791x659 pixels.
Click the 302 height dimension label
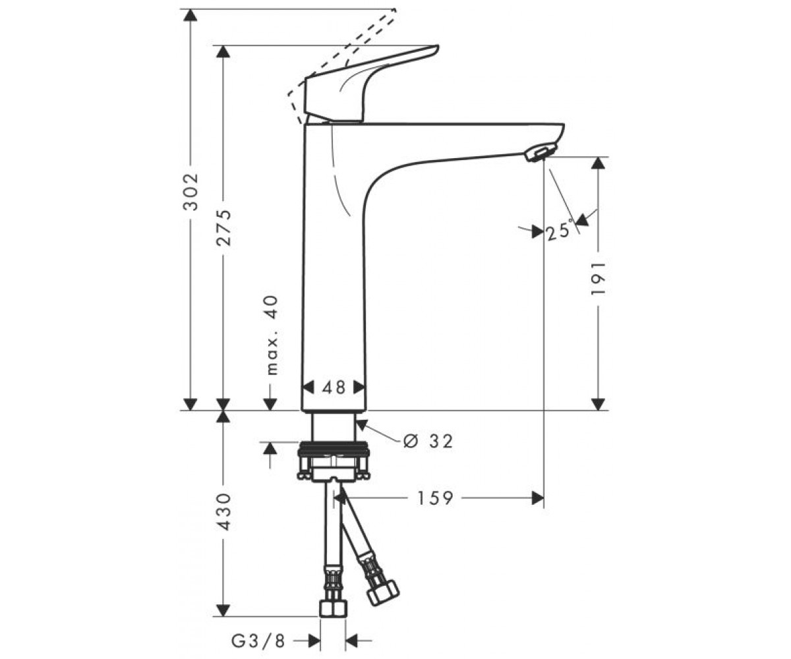pos(190,192)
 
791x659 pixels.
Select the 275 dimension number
pos(223,227)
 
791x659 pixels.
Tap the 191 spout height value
pos(598,277)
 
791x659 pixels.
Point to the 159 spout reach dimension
pos(435,498)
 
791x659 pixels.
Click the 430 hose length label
pos(223,511)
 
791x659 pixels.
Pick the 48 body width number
pos(334,387)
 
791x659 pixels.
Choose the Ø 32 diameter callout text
pos(428,441)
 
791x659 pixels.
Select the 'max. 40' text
pos(272,335)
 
